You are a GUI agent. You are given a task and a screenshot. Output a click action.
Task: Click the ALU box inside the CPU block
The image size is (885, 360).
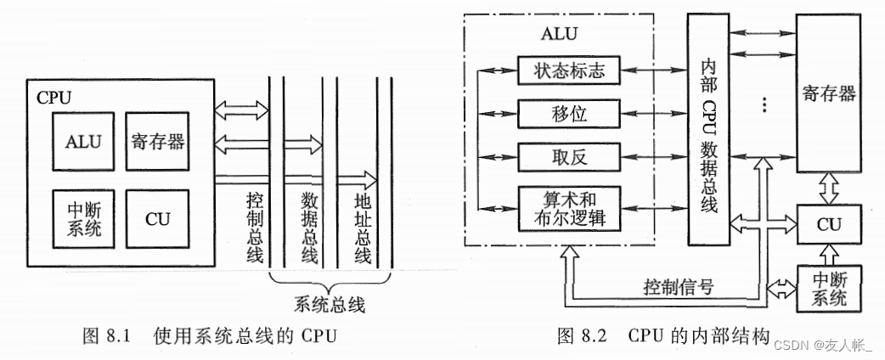(x=82, y=142)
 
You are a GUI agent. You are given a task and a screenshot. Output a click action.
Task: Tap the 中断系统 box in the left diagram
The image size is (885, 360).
(x=82, y=218)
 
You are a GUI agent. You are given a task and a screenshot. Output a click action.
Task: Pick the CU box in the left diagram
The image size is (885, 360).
(x=158, y=218)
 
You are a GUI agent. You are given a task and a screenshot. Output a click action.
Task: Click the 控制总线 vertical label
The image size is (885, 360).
(x=254, y=228)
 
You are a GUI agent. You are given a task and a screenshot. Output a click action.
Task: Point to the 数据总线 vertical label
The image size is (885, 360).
(x=309, y=228)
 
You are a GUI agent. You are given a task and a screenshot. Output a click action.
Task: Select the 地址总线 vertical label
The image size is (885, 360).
(x=363, y=228)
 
